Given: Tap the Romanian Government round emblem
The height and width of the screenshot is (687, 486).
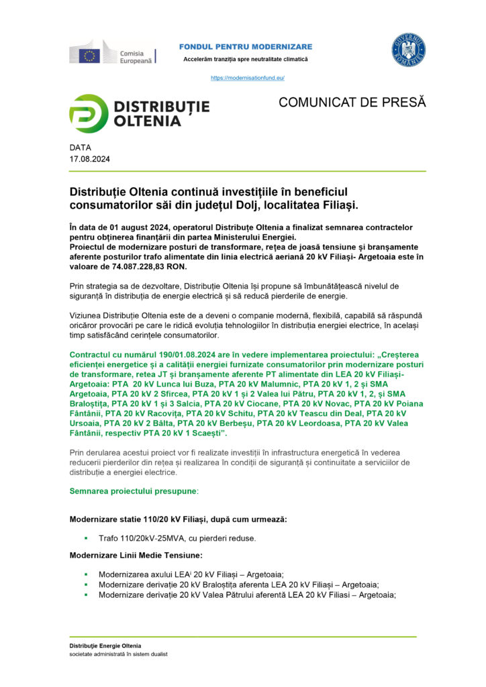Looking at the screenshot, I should [x=408, y=51].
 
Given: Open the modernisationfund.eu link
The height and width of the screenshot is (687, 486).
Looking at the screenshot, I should [x=248, y=78].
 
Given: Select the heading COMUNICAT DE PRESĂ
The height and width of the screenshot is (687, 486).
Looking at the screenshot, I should [x=352, y=103].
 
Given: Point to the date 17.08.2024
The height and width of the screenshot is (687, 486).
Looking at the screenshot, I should [x=90, y=159].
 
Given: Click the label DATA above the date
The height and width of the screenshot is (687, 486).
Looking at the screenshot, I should [x=80, y=148].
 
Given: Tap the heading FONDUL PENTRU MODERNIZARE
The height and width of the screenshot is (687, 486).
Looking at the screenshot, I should [x=246, y=46].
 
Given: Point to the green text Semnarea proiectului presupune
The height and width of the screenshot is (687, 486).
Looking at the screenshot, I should [x=134, y=491].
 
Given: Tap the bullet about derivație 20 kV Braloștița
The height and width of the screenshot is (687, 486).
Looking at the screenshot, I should [x=238, y=584].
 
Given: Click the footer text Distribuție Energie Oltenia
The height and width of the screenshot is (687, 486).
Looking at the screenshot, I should [x=105, y=645].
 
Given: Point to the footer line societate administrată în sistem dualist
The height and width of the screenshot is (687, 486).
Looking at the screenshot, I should [x=119, y=654].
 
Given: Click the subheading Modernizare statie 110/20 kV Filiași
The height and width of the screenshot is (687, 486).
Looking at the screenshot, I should [x=179, y=520].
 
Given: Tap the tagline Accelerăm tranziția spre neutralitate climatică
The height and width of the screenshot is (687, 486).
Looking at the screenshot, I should [x=246, y=60].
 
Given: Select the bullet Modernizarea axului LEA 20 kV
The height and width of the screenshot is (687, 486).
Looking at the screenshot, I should [x=191, y=574].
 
